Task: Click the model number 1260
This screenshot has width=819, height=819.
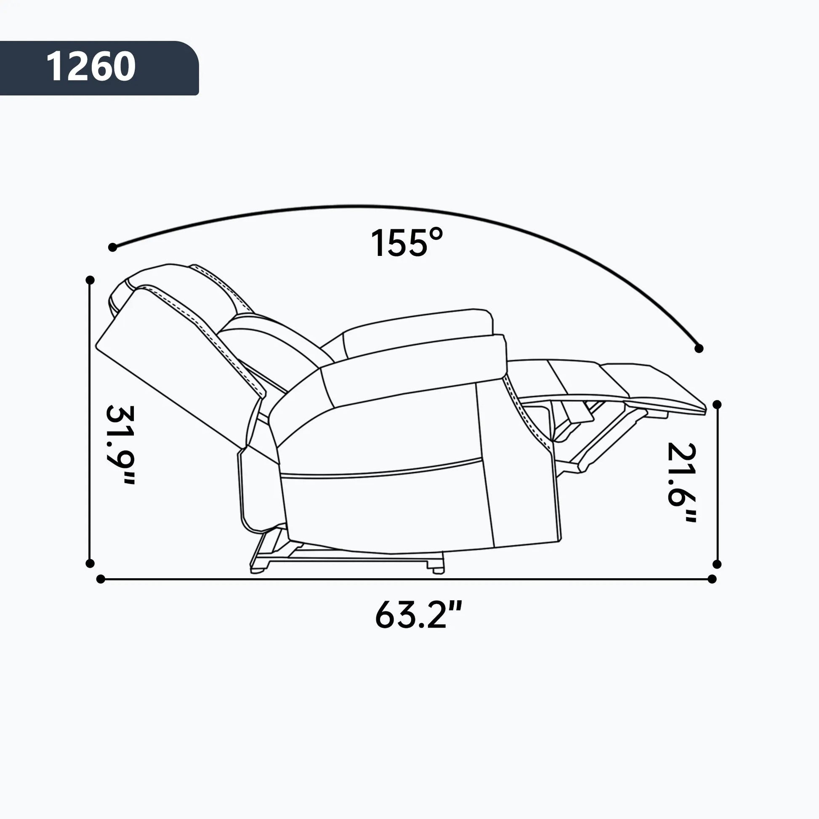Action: pos(91,67)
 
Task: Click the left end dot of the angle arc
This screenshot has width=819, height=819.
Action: pos(112,247)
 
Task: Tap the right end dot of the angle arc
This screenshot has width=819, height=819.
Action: pos(699,348)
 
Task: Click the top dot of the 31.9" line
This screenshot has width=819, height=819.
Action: pos(90,280)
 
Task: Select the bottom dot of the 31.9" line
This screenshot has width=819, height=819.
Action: pos(90,564)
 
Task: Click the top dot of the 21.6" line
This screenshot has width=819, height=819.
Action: pos(717,405)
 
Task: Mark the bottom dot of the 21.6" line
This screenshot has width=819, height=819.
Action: pos(717,564)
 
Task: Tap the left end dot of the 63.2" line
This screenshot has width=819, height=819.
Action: pos(101,579)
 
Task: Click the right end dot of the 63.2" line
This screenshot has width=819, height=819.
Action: pos(712,579)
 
